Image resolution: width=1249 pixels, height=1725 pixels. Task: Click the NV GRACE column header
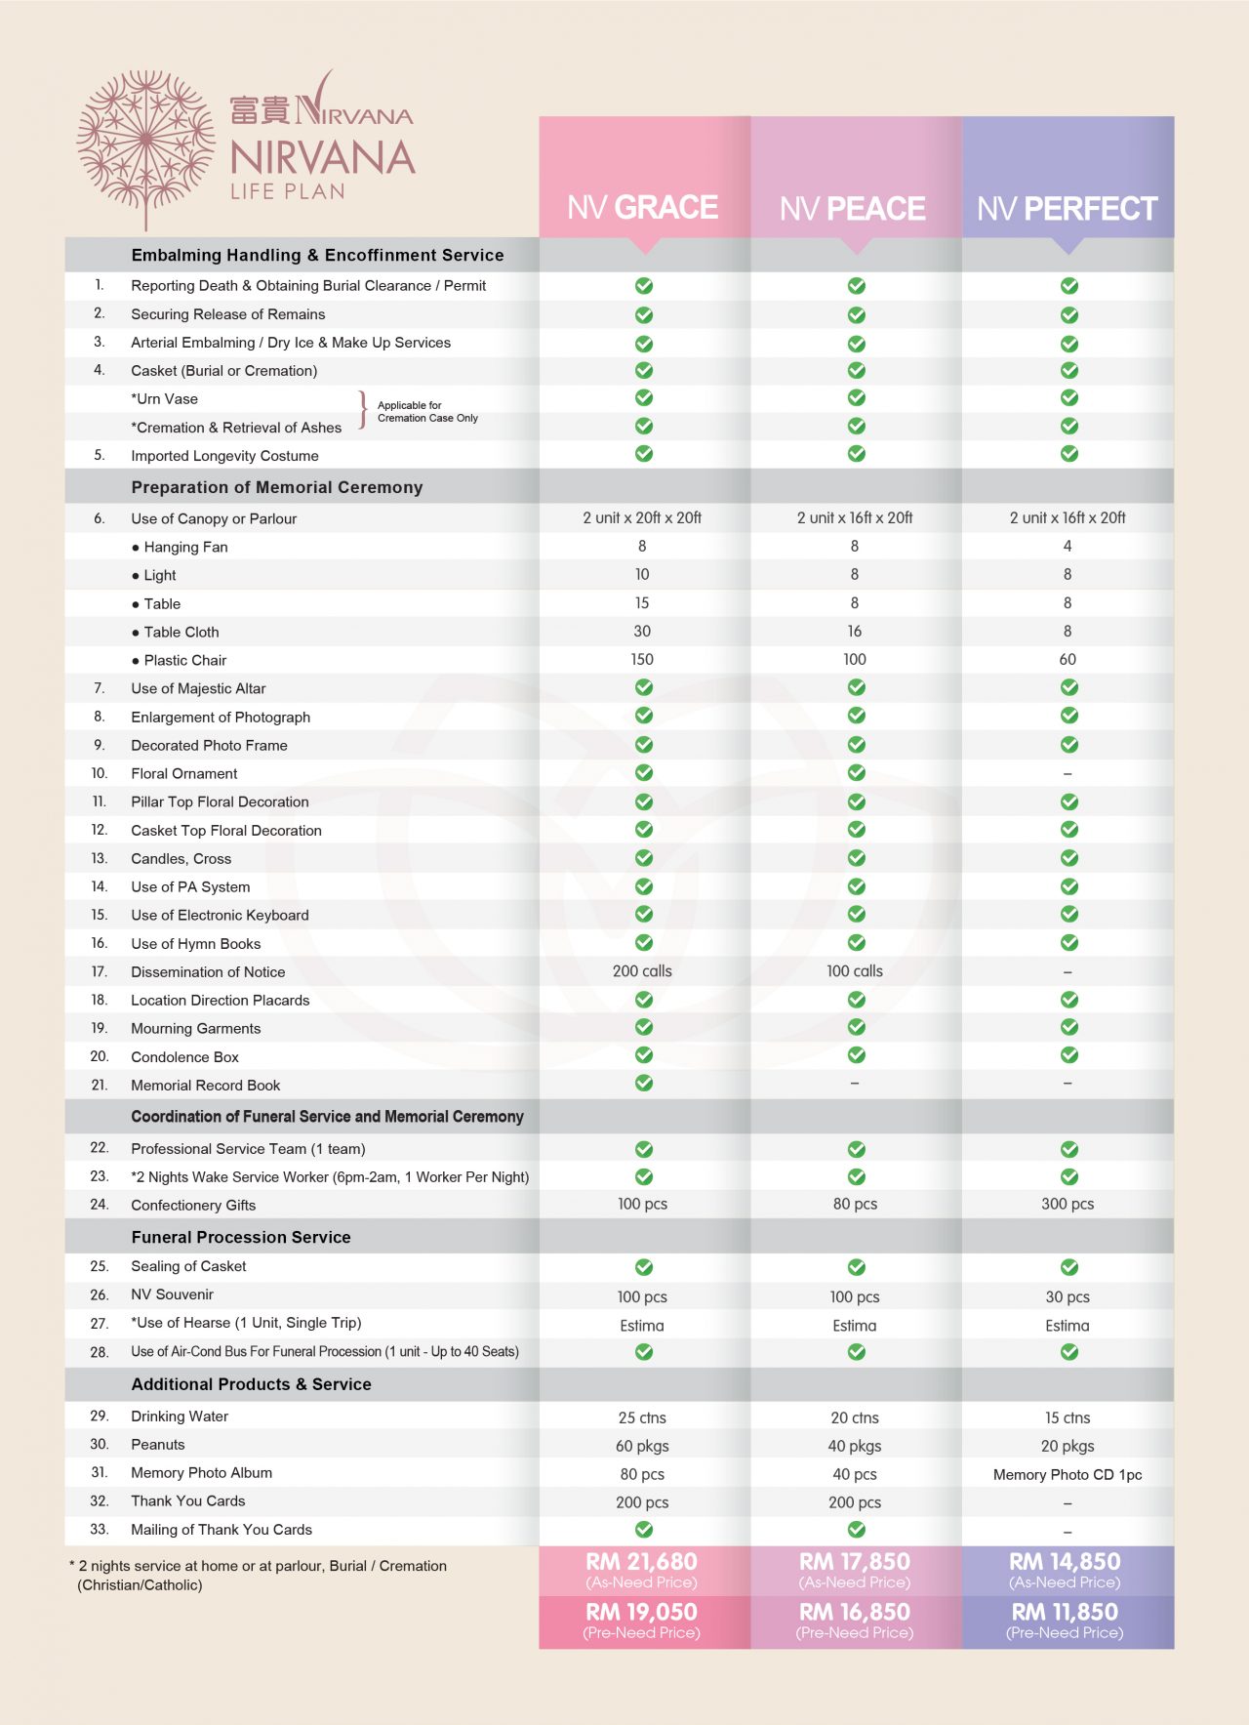643,207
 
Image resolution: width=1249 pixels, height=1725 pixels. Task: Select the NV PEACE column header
853,208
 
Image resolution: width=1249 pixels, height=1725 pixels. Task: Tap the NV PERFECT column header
1067,208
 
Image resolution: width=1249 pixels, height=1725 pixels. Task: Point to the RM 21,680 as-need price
642,1562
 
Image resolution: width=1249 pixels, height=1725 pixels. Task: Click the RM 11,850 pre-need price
1066,1612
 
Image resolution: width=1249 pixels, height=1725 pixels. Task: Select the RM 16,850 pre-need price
855,1612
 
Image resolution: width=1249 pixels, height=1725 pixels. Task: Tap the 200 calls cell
642,971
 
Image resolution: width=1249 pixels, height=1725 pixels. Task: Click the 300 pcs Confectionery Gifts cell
1068,1205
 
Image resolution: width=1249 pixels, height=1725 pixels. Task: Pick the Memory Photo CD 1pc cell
1068,1474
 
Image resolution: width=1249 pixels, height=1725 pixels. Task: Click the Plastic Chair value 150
642,660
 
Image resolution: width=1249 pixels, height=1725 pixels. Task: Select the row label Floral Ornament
184,773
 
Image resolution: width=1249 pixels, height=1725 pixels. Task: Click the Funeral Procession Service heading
241,1237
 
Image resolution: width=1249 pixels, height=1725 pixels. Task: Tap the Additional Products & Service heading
252,1384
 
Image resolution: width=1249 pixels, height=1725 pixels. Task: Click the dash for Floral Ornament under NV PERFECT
1068,774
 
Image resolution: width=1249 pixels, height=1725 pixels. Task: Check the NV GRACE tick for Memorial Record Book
644,1084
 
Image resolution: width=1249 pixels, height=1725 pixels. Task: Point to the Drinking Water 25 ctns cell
642,1417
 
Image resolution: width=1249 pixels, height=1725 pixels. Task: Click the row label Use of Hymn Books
196,944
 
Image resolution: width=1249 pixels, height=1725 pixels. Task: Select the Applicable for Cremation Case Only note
427,412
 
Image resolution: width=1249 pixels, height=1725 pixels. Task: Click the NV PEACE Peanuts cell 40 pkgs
855,1446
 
